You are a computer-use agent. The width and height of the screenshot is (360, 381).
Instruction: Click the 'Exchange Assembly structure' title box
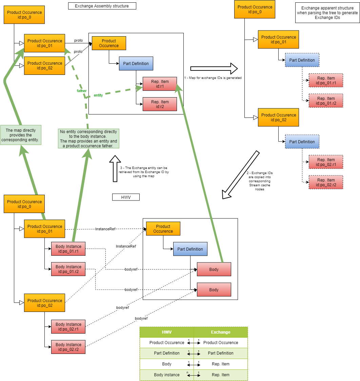(x=102, y=6)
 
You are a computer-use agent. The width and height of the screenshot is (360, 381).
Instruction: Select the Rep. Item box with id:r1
(x=160, y=84)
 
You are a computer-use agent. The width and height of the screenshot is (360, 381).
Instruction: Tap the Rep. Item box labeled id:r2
(x=160, y=104)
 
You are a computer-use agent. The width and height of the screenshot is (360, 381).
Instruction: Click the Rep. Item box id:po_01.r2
(x=326, y=101)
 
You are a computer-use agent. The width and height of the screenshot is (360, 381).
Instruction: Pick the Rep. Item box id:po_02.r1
(x=326, y=162)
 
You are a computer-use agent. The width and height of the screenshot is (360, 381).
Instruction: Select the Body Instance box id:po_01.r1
(x=68, y=249)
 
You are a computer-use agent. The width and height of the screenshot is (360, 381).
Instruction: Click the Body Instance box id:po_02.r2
(x=68, y=347)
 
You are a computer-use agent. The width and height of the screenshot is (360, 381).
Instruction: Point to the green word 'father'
(x=82, y=91)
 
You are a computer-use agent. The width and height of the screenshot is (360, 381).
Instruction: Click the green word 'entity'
(x=98, y=96)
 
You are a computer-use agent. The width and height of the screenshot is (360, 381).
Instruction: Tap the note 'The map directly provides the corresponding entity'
(x=21, y=135)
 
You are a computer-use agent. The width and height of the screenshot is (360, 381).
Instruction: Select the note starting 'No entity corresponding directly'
(x=88, y=139)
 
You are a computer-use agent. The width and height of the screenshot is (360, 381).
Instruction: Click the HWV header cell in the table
(x=167, y=332)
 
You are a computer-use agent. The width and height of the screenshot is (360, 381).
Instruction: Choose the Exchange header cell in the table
(x=221, y=332)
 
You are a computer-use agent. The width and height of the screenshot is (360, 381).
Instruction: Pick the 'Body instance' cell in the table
(x=167, y=375)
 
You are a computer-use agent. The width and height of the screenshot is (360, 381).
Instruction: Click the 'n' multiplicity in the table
(x=187, y=373)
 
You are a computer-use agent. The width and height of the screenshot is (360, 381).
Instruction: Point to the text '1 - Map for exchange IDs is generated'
(x=213, y=78)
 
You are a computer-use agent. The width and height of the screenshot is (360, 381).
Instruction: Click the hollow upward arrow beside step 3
(x=115, y=168)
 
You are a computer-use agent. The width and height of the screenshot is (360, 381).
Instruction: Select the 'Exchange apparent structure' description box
(x=327, y=13)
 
